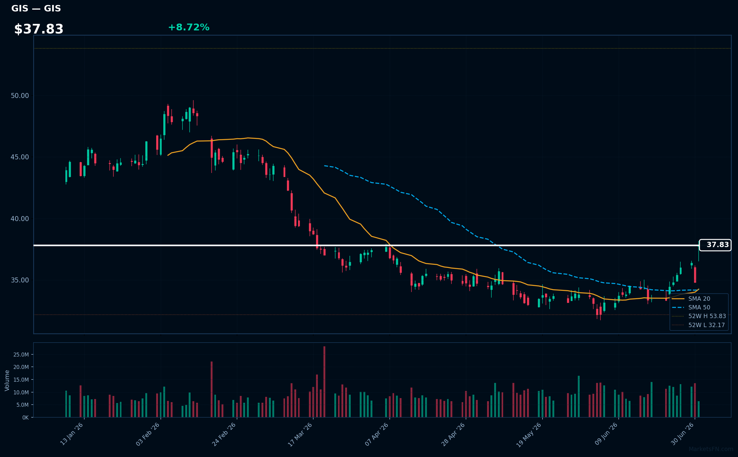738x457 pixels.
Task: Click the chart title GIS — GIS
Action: [36, 8]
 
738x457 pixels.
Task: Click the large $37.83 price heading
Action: [39, 29]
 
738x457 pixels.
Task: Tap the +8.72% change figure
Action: [189, 27]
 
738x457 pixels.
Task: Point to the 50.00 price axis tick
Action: [20, 95]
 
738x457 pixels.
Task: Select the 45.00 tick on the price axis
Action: [20, 157]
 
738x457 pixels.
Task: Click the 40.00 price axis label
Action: [20, 219]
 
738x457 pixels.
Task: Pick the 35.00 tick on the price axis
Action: [20, 280]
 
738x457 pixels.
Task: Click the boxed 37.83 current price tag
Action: [715, 245]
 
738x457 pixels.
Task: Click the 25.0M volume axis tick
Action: [21, 354]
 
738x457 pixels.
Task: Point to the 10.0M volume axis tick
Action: [21, 392]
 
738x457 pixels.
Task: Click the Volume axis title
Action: [7, 380]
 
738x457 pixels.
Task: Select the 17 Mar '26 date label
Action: [300, 435]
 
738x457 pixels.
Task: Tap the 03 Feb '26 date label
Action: [147, 434]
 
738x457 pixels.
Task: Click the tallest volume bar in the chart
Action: [324, 382]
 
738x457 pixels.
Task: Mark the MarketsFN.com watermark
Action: [711, 449]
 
